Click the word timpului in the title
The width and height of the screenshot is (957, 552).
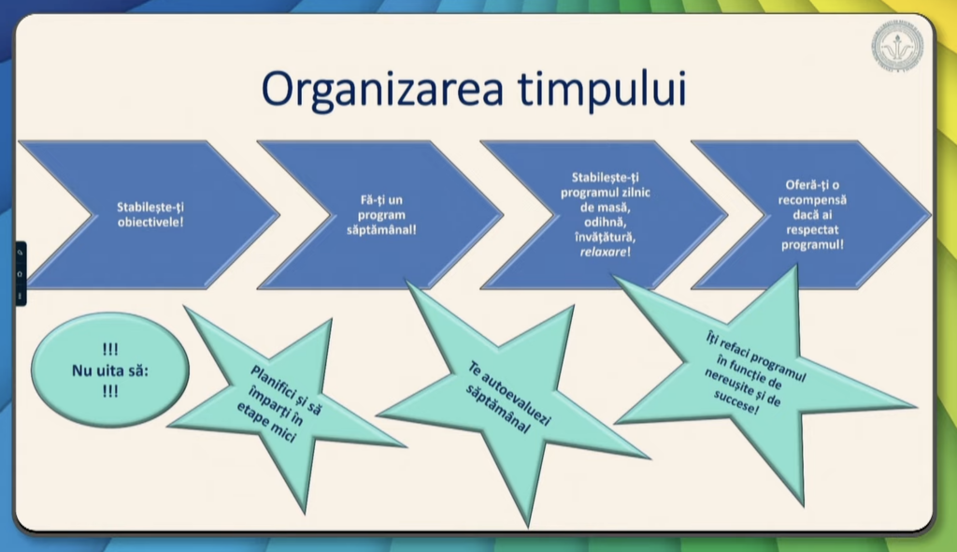pos(604,90)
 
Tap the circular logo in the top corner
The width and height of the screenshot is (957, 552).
pos(897,47)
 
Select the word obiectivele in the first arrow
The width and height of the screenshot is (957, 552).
pos(150,222)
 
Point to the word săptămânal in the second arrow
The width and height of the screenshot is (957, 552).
pos(381,230)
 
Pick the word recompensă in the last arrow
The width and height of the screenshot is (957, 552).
pos(812,200)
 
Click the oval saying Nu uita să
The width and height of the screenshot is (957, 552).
pos(110,370)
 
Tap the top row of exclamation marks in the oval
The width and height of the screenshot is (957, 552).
pos(110,350)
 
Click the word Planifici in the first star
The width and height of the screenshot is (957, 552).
pos(275,381)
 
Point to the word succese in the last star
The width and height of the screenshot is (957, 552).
pos(737,404)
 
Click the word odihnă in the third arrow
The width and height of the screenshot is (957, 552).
pos(605,222)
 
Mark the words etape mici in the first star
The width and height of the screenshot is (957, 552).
pos(266,423)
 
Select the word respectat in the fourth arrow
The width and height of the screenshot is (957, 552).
pos(812,230)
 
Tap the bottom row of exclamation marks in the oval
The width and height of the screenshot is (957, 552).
pos(110,391)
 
